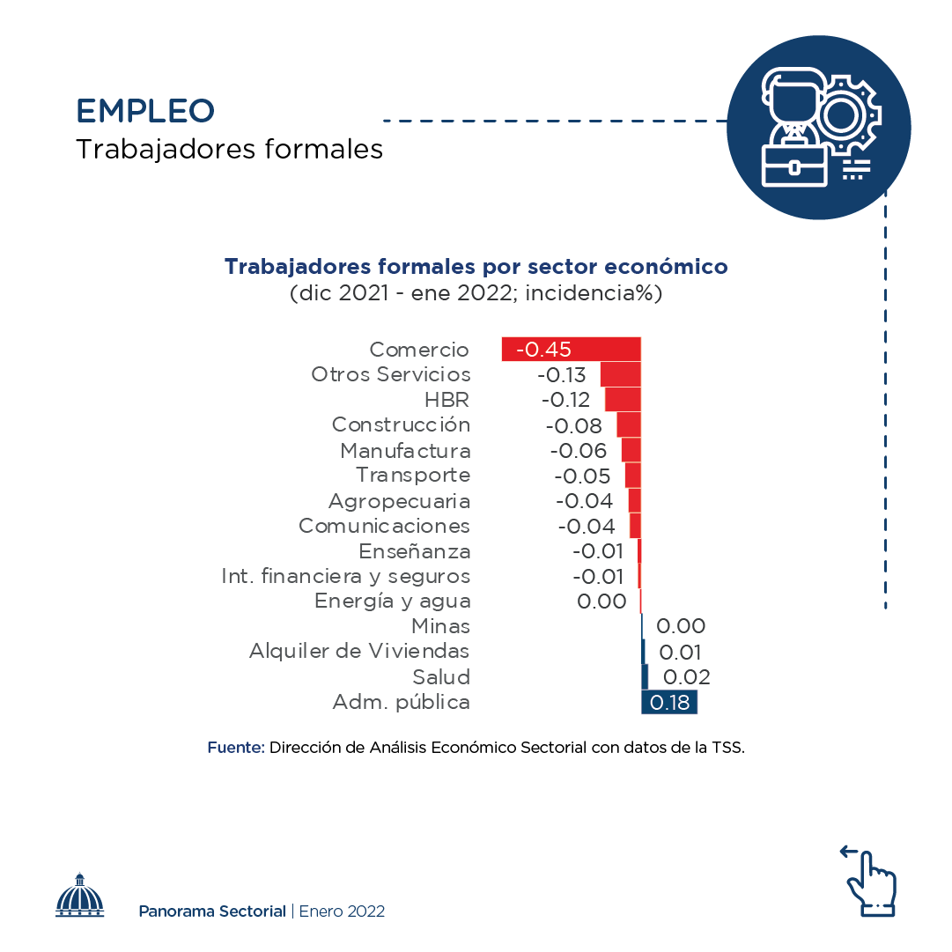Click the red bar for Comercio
[572, 349]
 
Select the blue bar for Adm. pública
[669, 702]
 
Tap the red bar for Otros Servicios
[620, 374]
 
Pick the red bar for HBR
[623, 399]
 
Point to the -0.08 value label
[574, 426]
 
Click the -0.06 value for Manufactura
[579, 451]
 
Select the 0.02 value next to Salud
[686, 677]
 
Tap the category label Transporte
[413, 476]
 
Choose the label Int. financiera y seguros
[345, 577]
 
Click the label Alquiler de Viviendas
[359, 652]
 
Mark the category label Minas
[440, 627]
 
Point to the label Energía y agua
[393, 601]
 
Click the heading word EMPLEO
[145, 111]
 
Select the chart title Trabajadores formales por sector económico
[476, 267]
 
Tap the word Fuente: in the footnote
[236, 749]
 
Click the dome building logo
[80, 896]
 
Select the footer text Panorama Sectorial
[212, 911]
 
